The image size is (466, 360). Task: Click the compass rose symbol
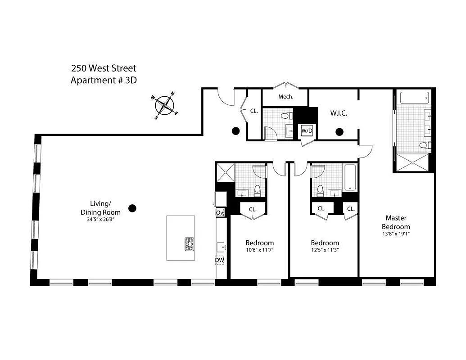pos(164,106)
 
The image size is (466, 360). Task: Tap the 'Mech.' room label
pos(286,97)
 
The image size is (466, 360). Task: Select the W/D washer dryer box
pos(307,131)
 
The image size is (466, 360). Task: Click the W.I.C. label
pos(339,113)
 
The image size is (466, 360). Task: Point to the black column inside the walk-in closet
pos(339,132)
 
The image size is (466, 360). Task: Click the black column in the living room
pos(132,208)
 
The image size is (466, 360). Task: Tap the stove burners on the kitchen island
pos(189,244)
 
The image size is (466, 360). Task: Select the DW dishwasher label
pos(219,260)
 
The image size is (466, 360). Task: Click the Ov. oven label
pos(220,212)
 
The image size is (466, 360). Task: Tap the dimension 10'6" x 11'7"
pos(259,250)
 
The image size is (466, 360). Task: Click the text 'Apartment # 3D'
pos(104,81)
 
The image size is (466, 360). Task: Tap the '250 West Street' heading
pos(104,68)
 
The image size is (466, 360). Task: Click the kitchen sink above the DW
pos(220,246)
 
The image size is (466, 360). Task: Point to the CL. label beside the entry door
pos(254,110)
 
